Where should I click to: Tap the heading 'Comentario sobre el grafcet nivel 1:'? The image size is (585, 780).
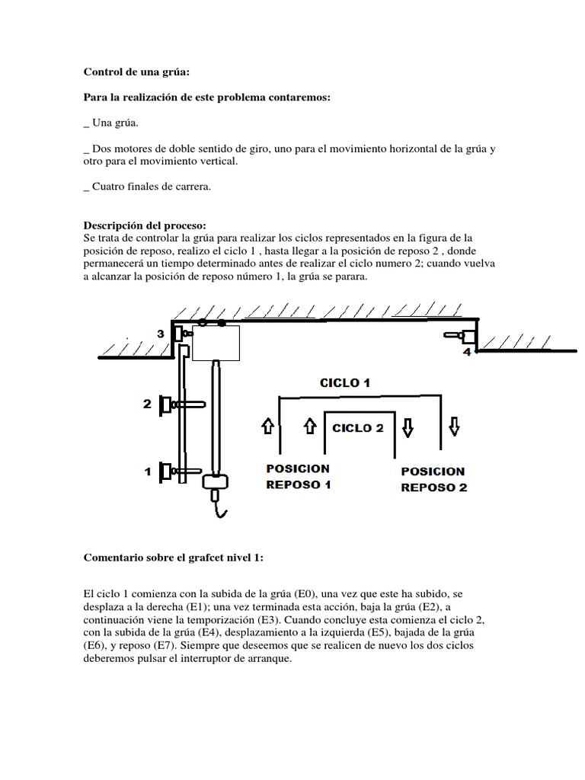point(173,558)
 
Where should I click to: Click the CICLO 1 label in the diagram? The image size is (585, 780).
point(344,383)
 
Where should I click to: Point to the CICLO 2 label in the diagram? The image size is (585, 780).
point(357,428)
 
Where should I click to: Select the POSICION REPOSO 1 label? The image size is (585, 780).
point(299,476)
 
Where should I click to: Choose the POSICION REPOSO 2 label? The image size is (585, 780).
point(433,479)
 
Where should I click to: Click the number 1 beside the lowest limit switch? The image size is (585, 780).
point(148,472)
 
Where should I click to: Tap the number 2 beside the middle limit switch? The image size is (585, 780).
point(147,404)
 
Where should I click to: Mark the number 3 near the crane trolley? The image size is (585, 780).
point(161,334)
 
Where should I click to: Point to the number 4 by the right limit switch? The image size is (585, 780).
point(466,353)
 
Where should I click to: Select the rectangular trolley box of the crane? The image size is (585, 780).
point(216,343)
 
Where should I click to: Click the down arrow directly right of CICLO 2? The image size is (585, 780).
point(408,429)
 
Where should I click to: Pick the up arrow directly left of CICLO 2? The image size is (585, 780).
point(310,429)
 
